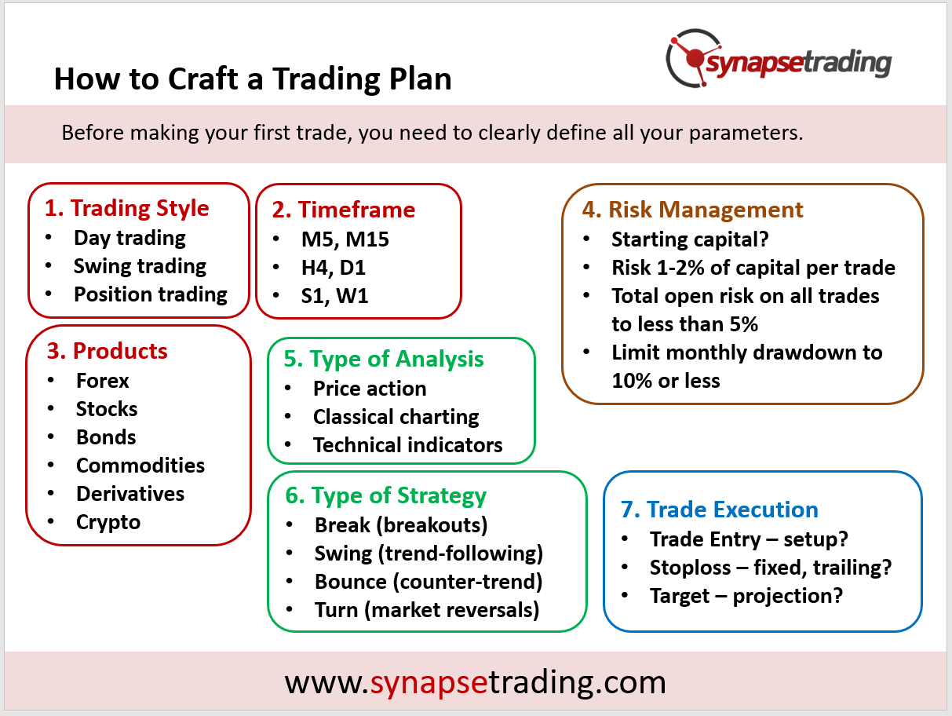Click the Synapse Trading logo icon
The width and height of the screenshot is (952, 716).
tap(693, 58)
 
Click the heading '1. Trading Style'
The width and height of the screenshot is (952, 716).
tap(127, 208)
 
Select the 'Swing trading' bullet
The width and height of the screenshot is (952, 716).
tap(140, 266)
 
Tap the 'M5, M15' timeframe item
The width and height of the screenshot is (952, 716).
tap(345, 239)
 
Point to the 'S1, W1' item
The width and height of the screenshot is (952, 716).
tap(335, 296)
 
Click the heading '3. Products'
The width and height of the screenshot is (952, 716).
tap(107, 351)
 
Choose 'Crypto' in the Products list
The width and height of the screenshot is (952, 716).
tap(108, 523)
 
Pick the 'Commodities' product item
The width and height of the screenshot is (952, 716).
tap(140, 466)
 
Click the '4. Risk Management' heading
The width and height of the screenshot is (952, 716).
tap(693, 210)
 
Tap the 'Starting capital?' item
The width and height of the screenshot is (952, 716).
tap(690, 239)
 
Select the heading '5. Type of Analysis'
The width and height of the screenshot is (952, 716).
tap(384, 360)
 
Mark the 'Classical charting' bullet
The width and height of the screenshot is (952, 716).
tap(396, 417)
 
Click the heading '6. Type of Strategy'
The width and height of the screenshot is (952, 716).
tap(386, 496)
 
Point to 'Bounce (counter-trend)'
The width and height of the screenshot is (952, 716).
tap(429, 582)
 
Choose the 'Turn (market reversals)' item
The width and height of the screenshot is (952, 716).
tap(427, 610)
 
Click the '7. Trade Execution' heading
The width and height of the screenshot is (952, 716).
tap(720, 510)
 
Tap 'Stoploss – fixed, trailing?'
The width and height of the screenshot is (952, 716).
tap(771, 568)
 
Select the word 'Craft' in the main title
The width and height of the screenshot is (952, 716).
tap(203, 79)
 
